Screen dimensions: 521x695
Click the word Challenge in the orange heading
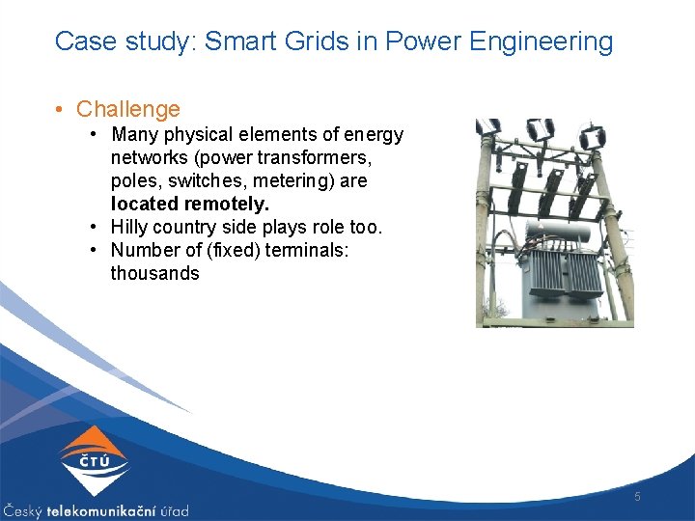coord(127,110)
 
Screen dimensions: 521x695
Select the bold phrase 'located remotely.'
coord(190,204)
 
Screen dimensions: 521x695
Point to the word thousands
coord(154,273)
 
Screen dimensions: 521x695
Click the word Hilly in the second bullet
coord(131,228)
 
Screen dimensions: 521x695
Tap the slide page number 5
coord(637,496)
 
